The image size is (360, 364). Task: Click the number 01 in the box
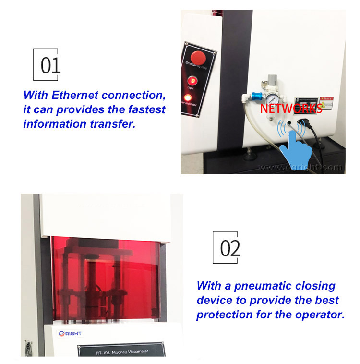[x=50, y=65]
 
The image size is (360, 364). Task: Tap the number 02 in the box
[x=230, y=248]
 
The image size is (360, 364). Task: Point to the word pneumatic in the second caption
[x=261, y=286]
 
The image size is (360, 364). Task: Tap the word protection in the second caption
[x=223, y=315]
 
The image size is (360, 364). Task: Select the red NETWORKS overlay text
[x=291, y=109]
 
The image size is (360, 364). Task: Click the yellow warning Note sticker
[x=326, y=103]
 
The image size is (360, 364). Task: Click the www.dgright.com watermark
[x=300, y=167]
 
